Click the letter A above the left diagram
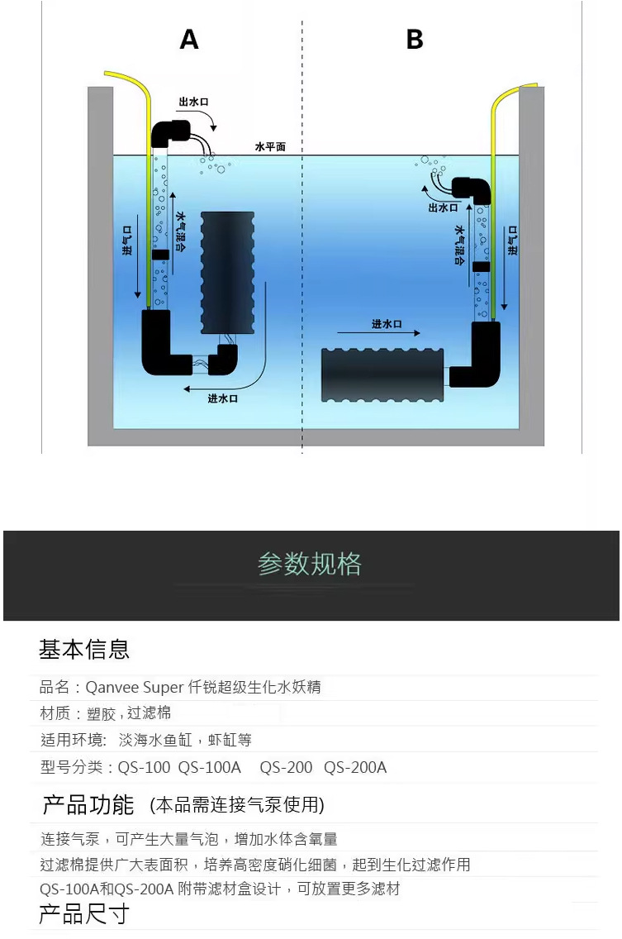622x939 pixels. pyautogui.click(x=189, y=39)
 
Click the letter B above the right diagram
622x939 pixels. pyautogui.click(x=415, y=39)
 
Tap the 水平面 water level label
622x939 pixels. pyautogui.click(x=270, y=146)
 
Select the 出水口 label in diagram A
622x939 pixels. pyautogui.click(x=193, y=102)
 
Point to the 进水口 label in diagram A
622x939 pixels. pyautogui.click(x=223, y=398)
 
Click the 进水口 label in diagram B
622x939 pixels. pyautogui.click(x=387, y=323)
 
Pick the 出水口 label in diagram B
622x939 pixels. pyautogui.click(x=443, y=207)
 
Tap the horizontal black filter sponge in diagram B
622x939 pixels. pyautogui.click(x=382, y=375)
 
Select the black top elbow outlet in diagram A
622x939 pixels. pyautogui.click(x=171, y=132)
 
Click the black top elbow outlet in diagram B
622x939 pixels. pyautogui.click(x=472, y=189)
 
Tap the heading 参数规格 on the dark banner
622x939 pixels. pyautogui.click(x=310, y=565)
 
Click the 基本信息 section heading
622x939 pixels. pyautogui.click(x=84, y=649)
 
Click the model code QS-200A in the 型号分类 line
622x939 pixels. pyautogui.click(x=355, y=767)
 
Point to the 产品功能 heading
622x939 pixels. pyautogui.click(x=88, y=803)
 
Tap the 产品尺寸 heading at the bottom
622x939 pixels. pyautogui.click(x=84, y=915)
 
